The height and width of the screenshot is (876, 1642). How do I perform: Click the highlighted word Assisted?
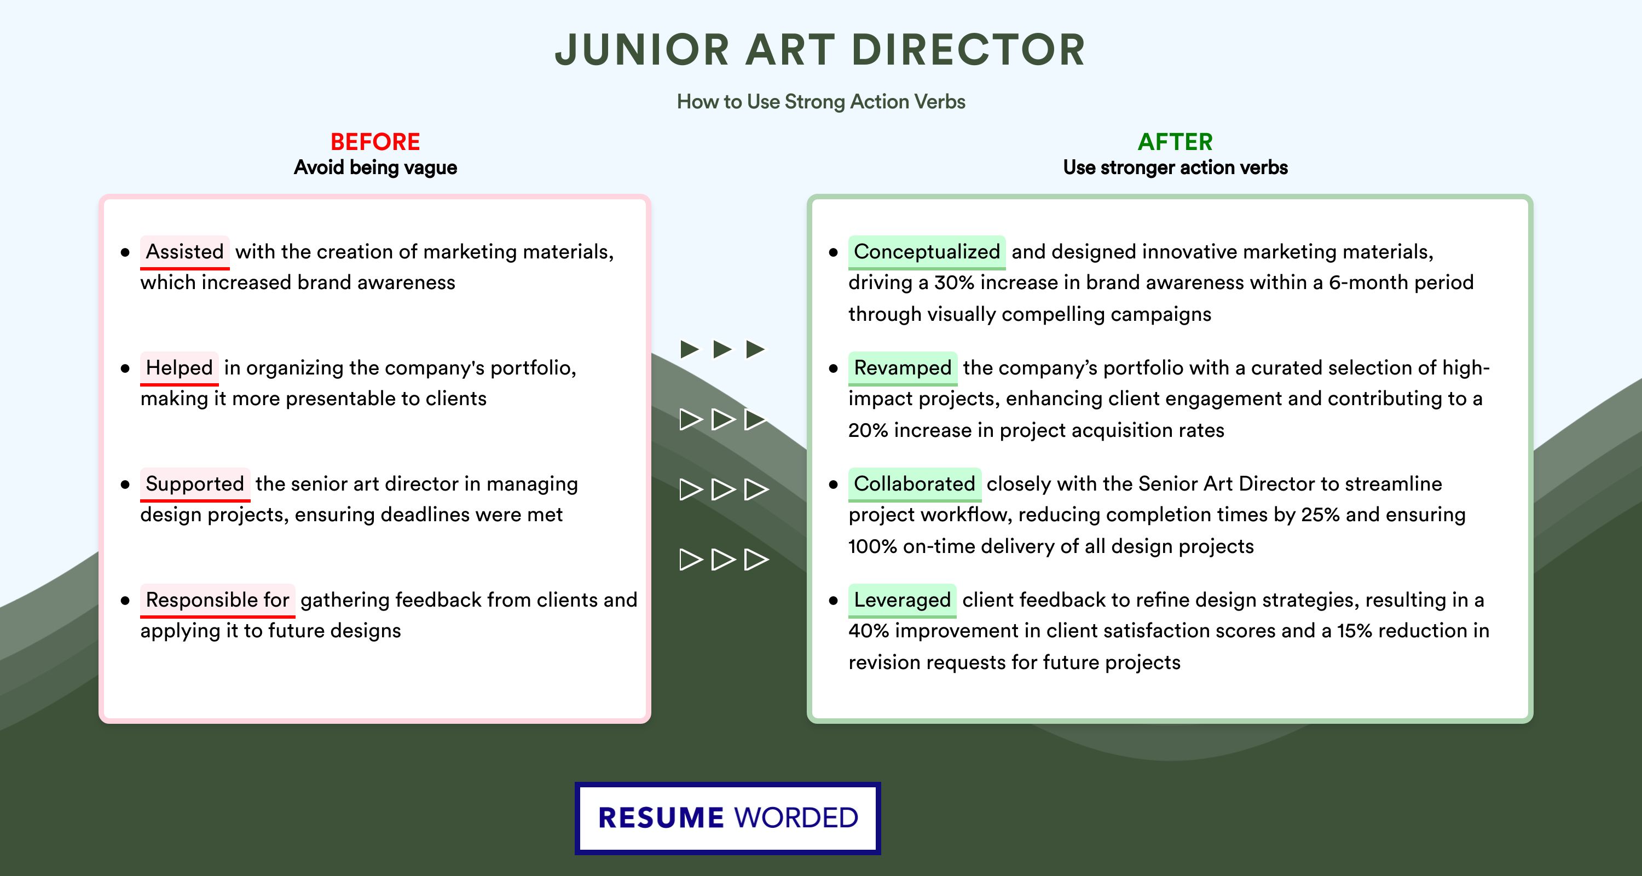[185, 252]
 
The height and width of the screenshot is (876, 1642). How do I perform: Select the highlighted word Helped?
[179, 368]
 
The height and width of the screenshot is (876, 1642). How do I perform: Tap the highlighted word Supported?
[195, 484]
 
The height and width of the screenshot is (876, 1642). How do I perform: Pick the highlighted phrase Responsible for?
[217, 600]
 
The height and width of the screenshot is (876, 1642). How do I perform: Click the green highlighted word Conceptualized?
[927, 252]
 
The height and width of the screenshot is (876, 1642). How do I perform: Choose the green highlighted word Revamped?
[903, 368]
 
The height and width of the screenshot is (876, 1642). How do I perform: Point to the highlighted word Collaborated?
[915, 484]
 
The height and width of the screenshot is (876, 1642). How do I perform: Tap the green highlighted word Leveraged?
[902, 600]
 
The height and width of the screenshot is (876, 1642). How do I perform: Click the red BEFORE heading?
[375, 142]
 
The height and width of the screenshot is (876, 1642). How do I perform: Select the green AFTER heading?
[1176, 142]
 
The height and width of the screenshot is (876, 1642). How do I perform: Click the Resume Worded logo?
[728, 818]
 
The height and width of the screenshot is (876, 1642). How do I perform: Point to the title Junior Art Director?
[820, 50]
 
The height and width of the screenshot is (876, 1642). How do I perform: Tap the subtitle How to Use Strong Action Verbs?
[821, 101]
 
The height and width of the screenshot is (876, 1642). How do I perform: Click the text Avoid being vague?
[375, 168]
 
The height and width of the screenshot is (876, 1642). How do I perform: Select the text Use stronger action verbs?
[1176, 168]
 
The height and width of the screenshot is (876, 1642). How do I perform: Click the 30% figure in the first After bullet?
[954, 283]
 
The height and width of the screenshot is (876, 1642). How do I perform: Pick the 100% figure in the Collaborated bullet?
[872, 546]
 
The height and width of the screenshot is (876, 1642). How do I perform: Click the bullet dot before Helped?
[125, 368]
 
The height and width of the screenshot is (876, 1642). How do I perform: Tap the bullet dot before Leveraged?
[833, 601]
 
